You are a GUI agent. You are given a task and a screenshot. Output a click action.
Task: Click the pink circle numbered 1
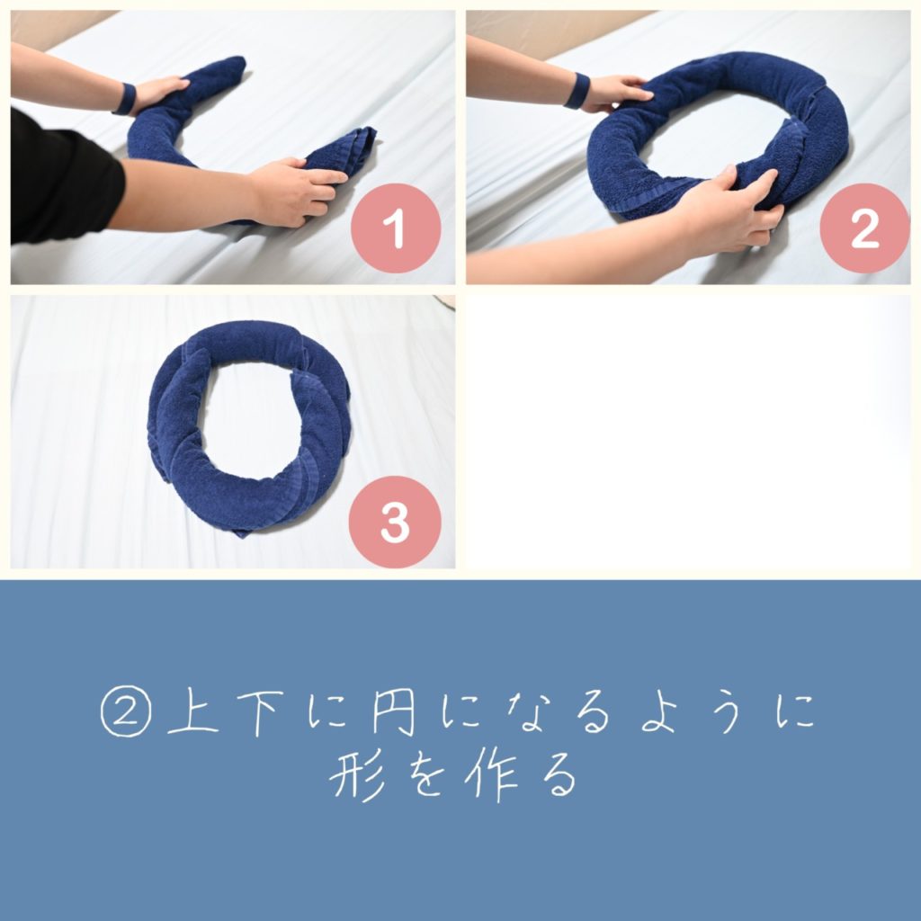point(396,228)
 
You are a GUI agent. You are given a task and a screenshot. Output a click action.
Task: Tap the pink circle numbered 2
point(864,228)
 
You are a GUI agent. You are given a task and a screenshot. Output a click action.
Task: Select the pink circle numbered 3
point(395,522)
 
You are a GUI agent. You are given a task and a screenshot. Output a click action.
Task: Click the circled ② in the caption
point(126,711)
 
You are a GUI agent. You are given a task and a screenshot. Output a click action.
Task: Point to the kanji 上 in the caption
point(193,712)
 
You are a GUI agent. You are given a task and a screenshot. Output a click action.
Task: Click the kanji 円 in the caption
point(394,712)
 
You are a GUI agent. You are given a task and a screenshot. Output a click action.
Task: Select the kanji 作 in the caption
point(491,775)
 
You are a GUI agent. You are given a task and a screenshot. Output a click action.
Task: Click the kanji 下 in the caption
point(260,713)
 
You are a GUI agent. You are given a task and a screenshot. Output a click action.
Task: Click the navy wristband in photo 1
point(126,99)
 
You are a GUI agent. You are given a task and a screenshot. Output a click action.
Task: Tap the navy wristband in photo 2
point(577,91)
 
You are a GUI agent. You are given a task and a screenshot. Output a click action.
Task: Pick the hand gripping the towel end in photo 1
point(297,191)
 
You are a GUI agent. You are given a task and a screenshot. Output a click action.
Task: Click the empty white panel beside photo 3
point(688,432)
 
